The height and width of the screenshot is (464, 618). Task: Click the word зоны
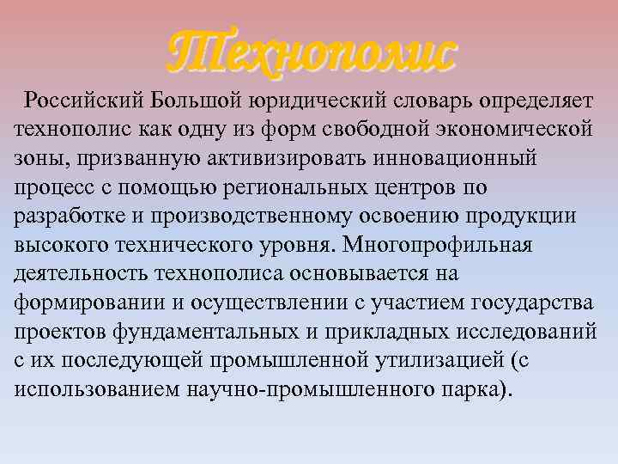coord(39,159)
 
